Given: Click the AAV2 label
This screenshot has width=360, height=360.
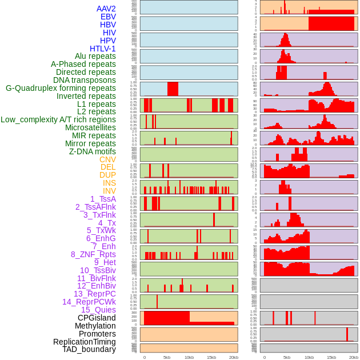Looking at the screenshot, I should (106, 9).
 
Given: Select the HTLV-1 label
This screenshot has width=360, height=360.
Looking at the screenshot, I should (103, 49).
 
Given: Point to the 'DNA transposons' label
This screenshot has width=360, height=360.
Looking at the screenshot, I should (85, 80).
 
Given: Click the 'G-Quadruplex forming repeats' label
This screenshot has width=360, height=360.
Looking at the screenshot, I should (61, 88).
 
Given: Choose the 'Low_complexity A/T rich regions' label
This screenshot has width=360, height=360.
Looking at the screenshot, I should (58, 119).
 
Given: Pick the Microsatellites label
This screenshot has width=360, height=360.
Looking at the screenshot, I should (90, 127).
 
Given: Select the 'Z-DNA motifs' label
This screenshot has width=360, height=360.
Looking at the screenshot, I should (93, 151).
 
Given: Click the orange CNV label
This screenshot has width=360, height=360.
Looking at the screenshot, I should (107, 159).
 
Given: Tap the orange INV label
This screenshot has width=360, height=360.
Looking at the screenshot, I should (109, 191).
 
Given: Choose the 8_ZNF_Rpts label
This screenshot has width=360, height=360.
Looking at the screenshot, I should (93, 254).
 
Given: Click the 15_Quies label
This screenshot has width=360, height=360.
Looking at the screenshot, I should (98, 310).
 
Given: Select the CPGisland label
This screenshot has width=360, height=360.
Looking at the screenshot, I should (97, 318).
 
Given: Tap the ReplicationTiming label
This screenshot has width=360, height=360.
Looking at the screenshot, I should (85, 342).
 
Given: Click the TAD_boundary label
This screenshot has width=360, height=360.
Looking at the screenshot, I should (89, 349).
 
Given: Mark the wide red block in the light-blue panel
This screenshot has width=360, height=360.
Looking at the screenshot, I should (173, 89).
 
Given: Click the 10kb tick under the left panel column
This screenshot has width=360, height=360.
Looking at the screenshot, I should (189, 357).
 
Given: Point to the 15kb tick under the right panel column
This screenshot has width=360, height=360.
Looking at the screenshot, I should (331, 357).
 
